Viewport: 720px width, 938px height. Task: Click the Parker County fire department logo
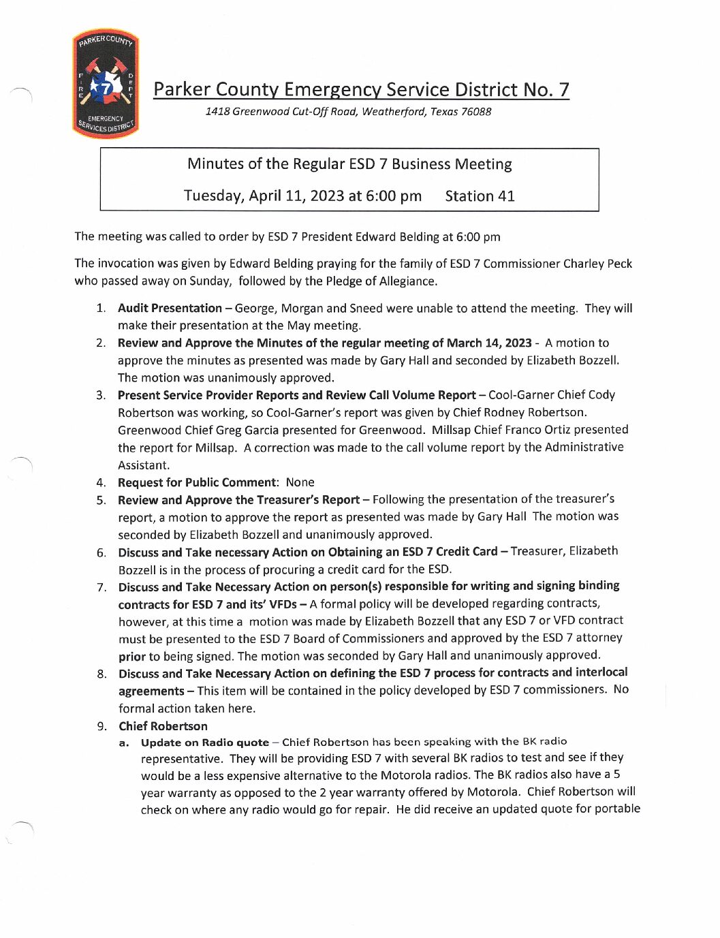click(106, 84)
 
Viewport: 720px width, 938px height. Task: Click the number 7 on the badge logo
click(106, 88)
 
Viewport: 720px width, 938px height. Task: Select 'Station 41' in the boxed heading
click(480, 196)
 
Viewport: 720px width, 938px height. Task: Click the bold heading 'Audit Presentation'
click(170, 308)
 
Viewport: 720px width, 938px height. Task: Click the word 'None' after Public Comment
click(300, 482)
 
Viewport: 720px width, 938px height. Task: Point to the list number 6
click(101, 552)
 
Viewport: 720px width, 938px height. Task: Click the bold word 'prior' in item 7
click(132, 657)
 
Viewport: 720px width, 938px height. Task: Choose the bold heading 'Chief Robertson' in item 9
click(163, 726)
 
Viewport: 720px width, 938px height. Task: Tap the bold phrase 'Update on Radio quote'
click(205, 742)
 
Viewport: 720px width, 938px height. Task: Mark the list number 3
click(101, 395)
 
